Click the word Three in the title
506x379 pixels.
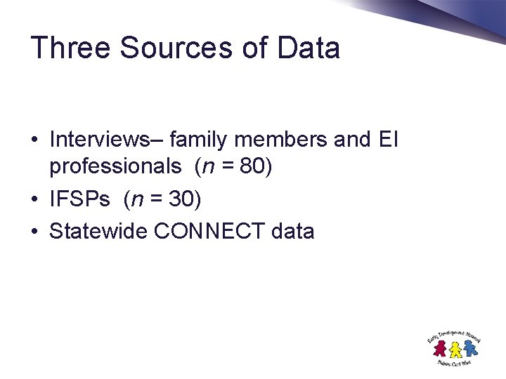[x=70, y=48]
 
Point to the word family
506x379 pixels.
[x=199, y=140]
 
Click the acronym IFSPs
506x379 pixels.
[x=79, y=200]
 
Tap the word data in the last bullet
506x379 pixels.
[x=291, y=231]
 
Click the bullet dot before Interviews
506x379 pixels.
[x=34, y=140]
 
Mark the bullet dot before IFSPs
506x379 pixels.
[x=34, y=201]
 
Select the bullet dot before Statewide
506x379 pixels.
[x=34, y=232]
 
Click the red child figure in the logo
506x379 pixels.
[x=441, y=347]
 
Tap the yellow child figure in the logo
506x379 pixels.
[x=455, y=349]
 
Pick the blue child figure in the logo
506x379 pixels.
[x=469, y=347]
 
